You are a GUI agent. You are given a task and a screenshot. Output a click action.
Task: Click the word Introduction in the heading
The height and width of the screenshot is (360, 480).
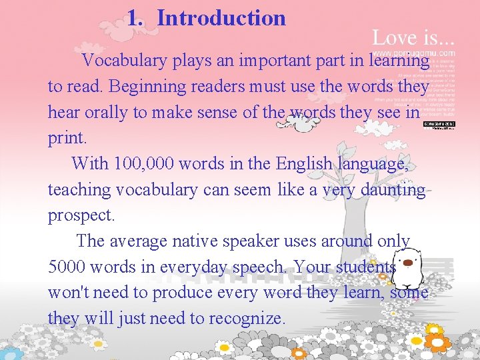221,18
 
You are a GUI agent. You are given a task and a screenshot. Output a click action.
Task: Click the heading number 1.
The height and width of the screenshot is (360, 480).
135,18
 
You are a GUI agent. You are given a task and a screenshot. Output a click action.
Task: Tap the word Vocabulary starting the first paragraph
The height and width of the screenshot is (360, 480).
125,61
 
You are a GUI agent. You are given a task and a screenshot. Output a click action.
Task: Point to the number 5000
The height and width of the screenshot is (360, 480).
67,267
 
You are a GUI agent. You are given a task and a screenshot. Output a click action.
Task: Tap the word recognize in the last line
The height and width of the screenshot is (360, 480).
246,319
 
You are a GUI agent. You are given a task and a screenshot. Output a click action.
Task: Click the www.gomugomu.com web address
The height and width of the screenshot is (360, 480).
413,53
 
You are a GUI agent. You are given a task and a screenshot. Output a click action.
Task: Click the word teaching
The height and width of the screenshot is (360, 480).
79,190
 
